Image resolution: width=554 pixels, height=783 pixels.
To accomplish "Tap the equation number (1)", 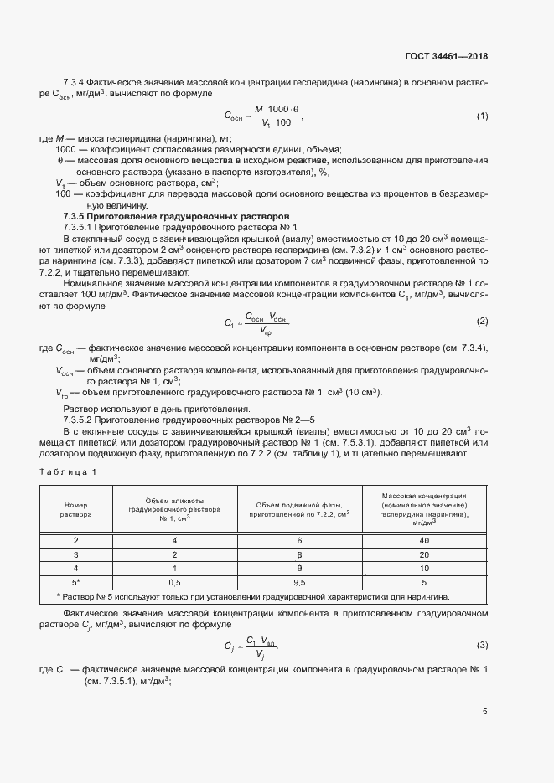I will (x=482, y=116).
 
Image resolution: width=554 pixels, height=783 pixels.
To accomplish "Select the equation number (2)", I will (x=482, y=322).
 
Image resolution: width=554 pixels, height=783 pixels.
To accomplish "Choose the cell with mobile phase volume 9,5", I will (x=299, y=581).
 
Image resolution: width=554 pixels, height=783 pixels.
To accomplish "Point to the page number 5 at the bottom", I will (x=484, y=712).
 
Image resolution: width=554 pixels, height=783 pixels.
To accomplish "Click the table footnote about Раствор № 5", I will (x=252, y=596).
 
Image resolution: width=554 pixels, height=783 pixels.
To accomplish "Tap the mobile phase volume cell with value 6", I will (x=299, y=541).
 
